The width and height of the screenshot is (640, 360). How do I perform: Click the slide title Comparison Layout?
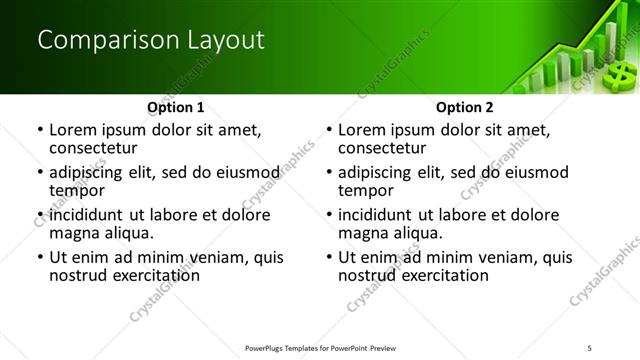[x=150, y=40]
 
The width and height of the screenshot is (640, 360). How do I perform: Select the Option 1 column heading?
[x=175, y=107]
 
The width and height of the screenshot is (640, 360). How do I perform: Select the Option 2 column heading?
[x=464, y=107]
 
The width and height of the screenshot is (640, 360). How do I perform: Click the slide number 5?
[x=590, y=348]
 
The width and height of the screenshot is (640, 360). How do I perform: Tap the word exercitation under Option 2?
[x=439, y=276]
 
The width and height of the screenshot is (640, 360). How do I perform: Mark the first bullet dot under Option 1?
[x=39, y=130]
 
